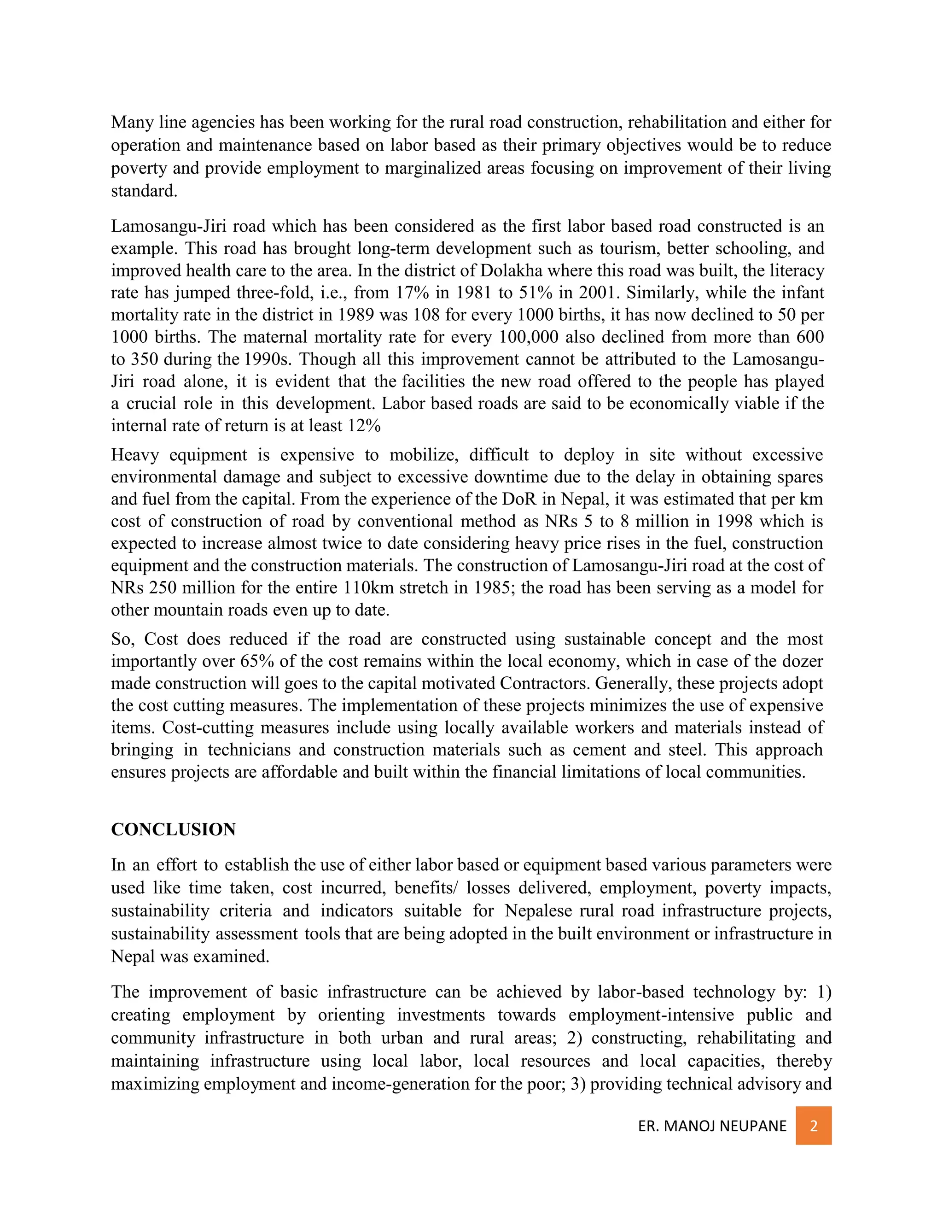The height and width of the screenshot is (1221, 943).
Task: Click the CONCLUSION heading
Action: click(173, 829)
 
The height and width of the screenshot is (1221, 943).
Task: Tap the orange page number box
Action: click(814, 1126)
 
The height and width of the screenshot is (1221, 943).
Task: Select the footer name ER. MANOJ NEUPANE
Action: click(712, 1126)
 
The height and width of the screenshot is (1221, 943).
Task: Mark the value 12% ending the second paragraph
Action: click(364, 426)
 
